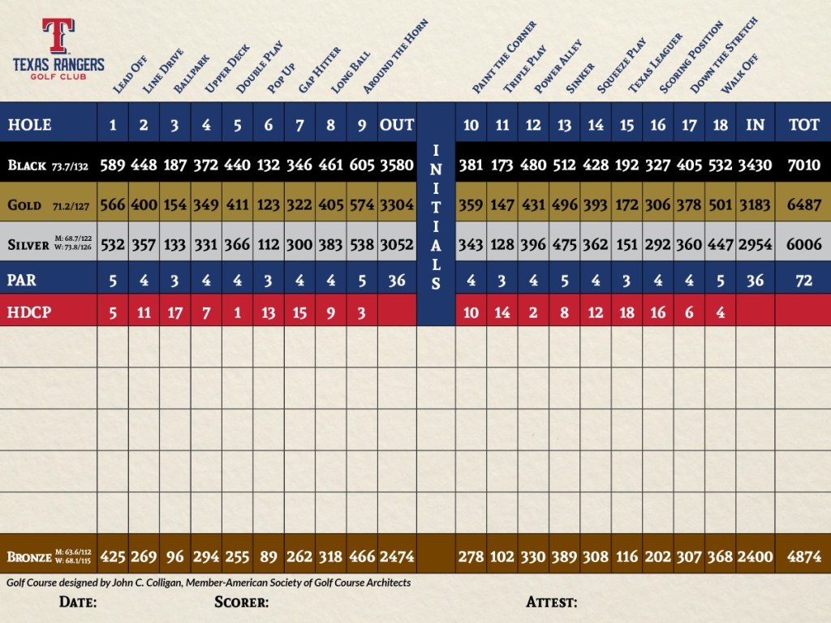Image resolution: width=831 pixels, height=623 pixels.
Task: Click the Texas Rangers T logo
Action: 58,37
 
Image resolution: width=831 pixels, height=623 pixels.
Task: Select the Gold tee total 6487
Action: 803,205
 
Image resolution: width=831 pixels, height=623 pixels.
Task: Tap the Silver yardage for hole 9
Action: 362,244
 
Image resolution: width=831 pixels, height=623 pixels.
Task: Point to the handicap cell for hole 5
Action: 238,312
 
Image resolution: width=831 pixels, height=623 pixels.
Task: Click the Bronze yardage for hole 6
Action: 269,556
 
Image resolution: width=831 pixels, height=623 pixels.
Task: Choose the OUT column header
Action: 397,125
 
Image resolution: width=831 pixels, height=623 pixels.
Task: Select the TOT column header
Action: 803,125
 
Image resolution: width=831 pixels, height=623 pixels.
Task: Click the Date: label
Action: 78,602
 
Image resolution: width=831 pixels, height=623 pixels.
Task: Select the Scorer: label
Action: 242,602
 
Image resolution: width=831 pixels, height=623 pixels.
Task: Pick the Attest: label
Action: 552,602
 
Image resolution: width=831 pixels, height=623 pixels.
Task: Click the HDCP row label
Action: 28,312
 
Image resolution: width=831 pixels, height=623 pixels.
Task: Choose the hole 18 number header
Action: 721,125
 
